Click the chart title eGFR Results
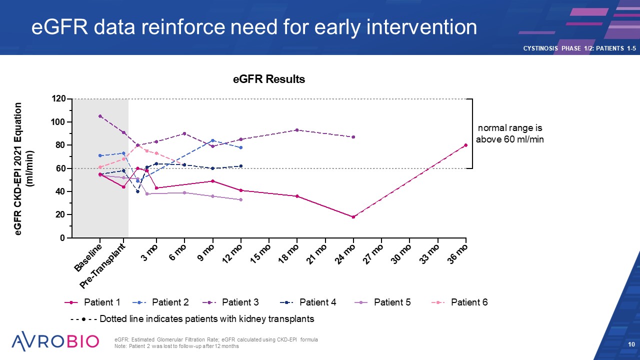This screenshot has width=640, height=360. pos(269,79)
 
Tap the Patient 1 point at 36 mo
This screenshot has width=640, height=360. pos(465,145)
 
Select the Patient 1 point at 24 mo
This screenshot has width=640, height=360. pos(353,217)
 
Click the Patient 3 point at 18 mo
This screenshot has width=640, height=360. pos(297,130)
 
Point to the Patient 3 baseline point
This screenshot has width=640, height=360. pos(100,116)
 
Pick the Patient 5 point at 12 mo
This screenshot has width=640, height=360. pos(241,199)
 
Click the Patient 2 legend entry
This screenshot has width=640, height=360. pos(160,302)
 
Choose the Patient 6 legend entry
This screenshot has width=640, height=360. pos(459,302)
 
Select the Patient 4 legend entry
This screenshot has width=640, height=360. pos(308,302)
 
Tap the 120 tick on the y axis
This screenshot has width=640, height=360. pos(59,99)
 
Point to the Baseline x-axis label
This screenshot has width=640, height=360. pos(89,257)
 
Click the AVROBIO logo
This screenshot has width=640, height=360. pos(55,341)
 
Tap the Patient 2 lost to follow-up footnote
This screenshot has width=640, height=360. pos(176,346)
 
